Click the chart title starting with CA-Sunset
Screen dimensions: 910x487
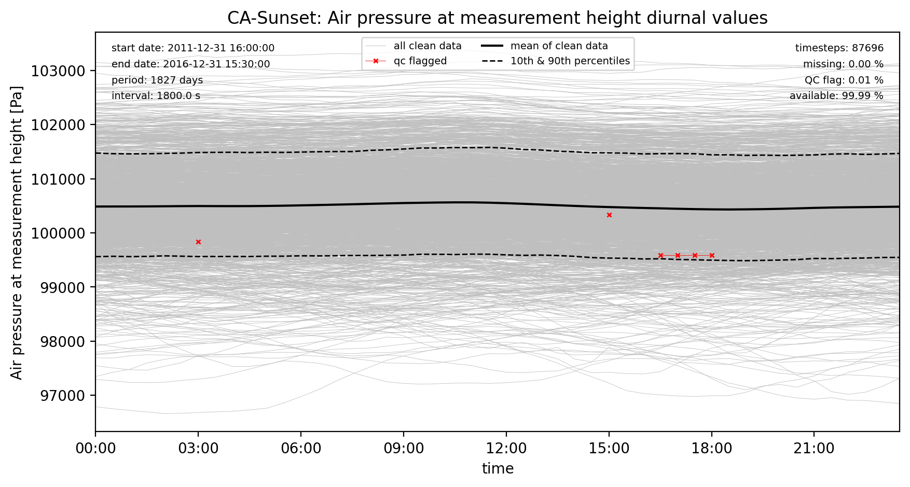498,18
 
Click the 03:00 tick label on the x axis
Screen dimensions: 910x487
198,448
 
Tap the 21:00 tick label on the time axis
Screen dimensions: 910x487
814,448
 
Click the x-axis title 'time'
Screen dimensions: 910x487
498,469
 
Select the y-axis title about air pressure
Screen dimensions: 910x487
17,232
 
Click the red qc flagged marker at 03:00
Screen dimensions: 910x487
198,242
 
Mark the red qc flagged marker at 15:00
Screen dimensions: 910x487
609,215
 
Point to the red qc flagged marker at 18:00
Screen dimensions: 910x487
712,255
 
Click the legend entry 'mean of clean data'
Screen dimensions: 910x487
544,46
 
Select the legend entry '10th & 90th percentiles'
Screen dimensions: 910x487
556,61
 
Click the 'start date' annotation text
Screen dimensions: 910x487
193,48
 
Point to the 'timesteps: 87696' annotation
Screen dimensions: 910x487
839,48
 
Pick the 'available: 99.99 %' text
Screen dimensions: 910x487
836,96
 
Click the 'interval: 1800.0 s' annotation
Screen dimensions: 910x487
156,96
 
